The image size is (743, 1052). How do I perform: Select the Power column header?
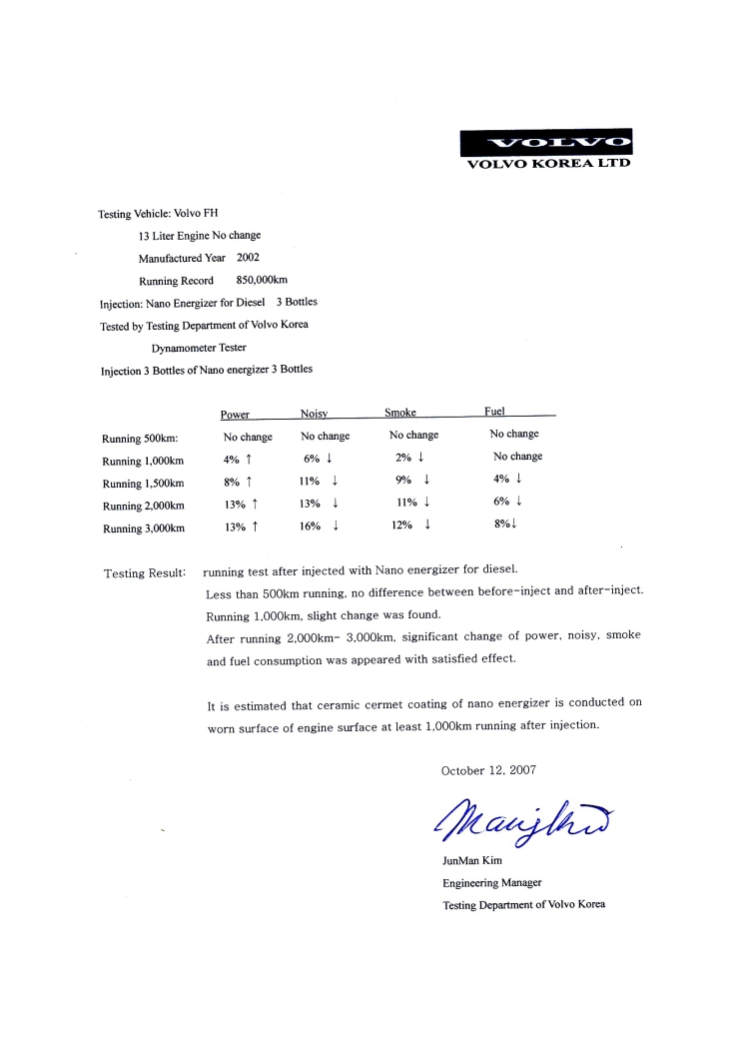coord(235,414)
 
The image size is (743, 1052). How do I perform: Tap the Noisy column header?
coord(315,414)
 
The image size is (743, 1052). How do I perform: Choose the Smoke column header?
coord(400,413)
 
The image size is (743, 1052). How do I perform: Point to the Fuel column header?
coord(494,411)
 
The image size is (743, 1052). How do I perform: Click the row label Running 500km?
coord(140,438)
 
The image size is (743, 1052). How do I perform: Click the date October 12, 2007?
coord(487,770)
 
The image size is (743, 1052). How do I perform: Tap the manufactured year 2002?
coord(248,258)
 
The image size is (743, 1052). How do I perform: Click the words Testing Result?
coord(145,573)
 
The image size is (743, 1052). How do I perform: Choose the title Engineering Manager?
coord(492,883)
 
